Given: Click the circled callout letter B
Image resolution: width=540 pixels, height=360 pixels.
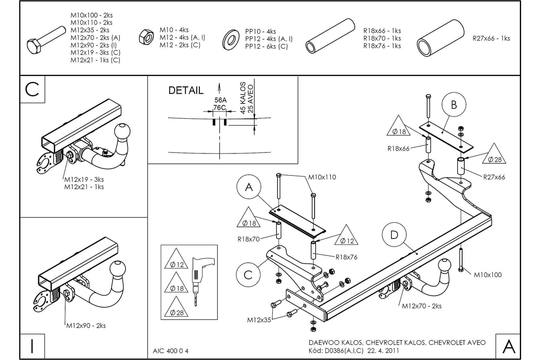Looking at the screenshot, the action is (454, 105).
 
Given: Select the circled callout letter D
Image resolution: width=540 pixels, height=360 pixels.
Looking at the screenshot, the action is (394, 234).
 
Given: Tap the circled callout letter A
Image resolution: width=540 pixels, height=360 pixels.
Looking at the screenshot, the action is (249, 187).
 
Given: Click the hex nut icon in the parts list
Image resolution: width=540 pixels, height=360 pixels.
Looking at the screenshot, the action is (146, 37).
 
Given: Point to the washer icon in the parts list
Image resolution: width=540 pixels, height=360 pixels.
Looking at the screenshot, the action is (231, 40).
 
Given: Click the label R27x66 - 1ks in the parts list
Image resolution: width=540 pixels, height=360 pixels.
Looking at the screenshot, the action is (491, 38).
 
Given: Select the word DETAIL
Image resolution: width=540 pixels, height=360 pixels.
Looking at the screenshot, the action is (186, 90).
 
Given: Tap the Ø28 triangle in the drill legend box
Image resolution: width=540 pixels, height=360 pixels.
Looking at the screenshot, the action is (176, 307).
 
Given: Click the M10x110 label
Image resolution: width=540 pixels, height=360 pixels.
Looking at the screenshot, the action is (322, 177).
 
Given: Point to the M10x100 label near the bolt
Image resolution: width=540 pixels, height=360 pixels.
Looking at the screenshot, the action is (488, 275).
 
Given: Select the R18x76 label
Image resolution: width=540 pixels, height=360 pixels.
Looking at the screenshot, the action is (346, 257).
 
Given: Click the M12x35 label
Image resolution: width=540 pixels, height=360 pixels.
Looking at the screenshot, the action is (259, 320).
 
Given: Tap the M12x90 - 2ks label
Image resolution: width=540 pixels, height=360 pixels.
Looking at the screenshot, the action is (86, 325).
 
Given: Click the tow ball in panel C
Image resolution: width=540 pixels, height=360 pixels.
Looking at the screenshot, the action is (122, 132).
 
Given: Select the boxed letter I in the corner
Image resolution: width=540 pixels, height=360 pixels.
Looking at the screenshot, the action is (32, 346).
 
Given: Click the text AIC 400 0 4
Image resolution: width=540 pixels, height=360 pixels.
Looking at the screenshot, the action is (171, 351).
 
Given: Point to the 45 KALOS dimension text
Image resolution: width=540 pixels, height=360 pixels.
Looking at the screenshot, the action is (243, 98).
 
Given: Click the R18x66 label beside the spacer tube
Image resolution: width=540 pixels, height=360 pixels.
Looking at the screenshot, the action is (398, 148).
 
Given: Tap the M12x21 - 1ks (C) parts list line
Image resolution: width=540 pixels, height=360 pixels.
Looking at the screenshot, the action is (95, 60).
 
